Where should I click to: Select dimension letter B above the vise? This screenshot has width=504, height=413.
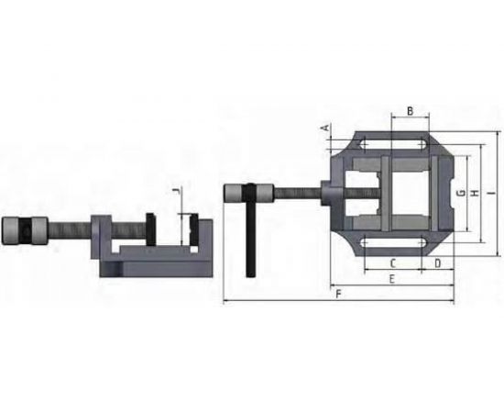[x=411, y=111]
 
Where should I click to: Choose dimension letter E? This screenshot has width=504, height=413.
[x=391, y=277]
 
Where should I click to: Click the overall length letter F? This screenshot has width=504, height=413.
[x=339, y=294]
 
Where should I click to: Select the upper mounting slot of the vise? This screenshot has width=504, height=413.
[x=394, y=144]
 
